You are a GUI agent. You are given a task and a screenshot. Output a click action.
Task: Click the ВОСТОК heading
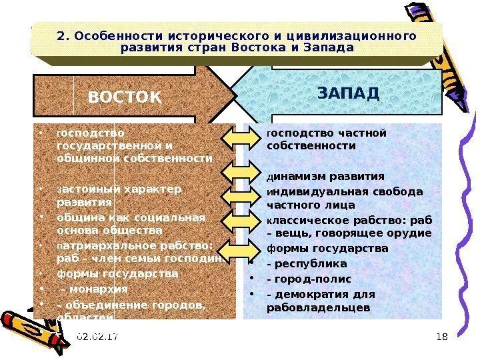click(x=125, y=98)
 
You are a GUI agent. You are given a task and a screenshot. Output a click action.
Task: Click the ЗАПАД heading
click(x=348, y=92)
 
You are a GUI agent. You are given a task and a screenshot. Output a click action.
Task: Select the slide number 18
click(x=440, y=338)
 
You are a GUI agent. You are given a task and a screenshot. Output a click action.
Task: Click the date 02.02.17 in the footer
click(x=97, y=338)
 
